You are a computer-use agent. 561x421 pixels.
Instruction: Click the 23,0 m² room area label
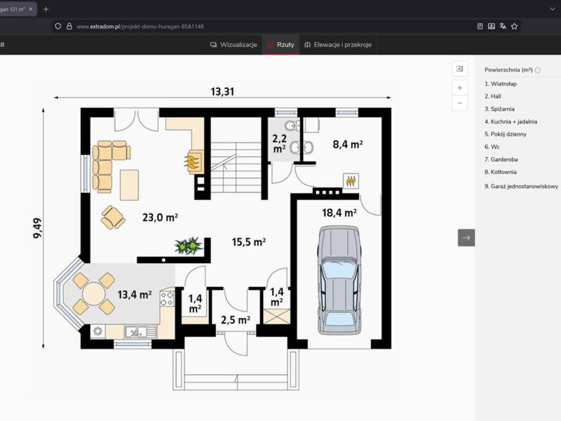(161, 218)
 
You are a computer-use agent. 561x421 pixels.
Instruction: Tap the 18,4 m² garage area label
(339, 213)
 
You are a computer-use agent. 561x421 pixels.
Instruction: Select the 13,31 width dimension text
(222, 92)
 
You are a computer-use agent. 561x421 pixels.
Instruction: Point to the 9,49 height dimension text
(37, 228)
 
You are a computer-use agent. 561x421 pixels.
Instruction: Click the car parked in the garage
(339, 280)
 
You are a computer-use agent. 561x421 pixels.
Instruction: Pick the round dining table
(94, 294)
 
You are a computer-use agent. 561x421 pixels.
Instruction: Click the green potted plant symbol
(189, 246)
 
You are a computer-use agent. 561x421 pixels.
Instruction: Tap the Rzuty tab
(281, 45)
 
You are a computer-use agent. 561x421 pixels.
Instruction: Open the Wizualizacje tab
(234, 45)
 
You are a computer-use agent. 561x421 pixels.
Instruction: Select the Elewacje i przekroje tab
(338, 45)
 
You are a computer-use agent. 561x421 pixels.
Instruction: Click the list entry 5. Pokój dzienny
(505, 134)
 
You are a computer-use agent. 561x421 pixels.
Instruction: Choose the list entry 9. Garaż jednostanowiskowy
(521, 186)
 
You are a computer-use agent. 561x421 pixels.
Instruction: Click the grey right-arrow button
(466, 238)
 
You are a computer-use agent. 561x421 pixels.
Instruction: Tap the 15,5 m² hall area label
(249, 242)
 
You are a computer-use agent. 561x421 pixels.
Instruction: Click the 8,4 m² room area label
(348, 145)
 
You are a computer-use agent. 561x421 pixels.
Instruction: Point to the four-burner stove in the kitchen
(167, 298)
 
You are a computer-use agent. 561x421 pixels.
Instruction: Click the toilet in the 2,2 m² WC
(292, 126)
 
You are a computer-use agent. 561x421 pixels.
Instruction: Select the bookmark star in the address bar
(514, 26)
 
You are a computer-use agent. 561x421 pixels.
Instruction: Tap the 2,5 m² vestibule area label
(236, 320)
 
